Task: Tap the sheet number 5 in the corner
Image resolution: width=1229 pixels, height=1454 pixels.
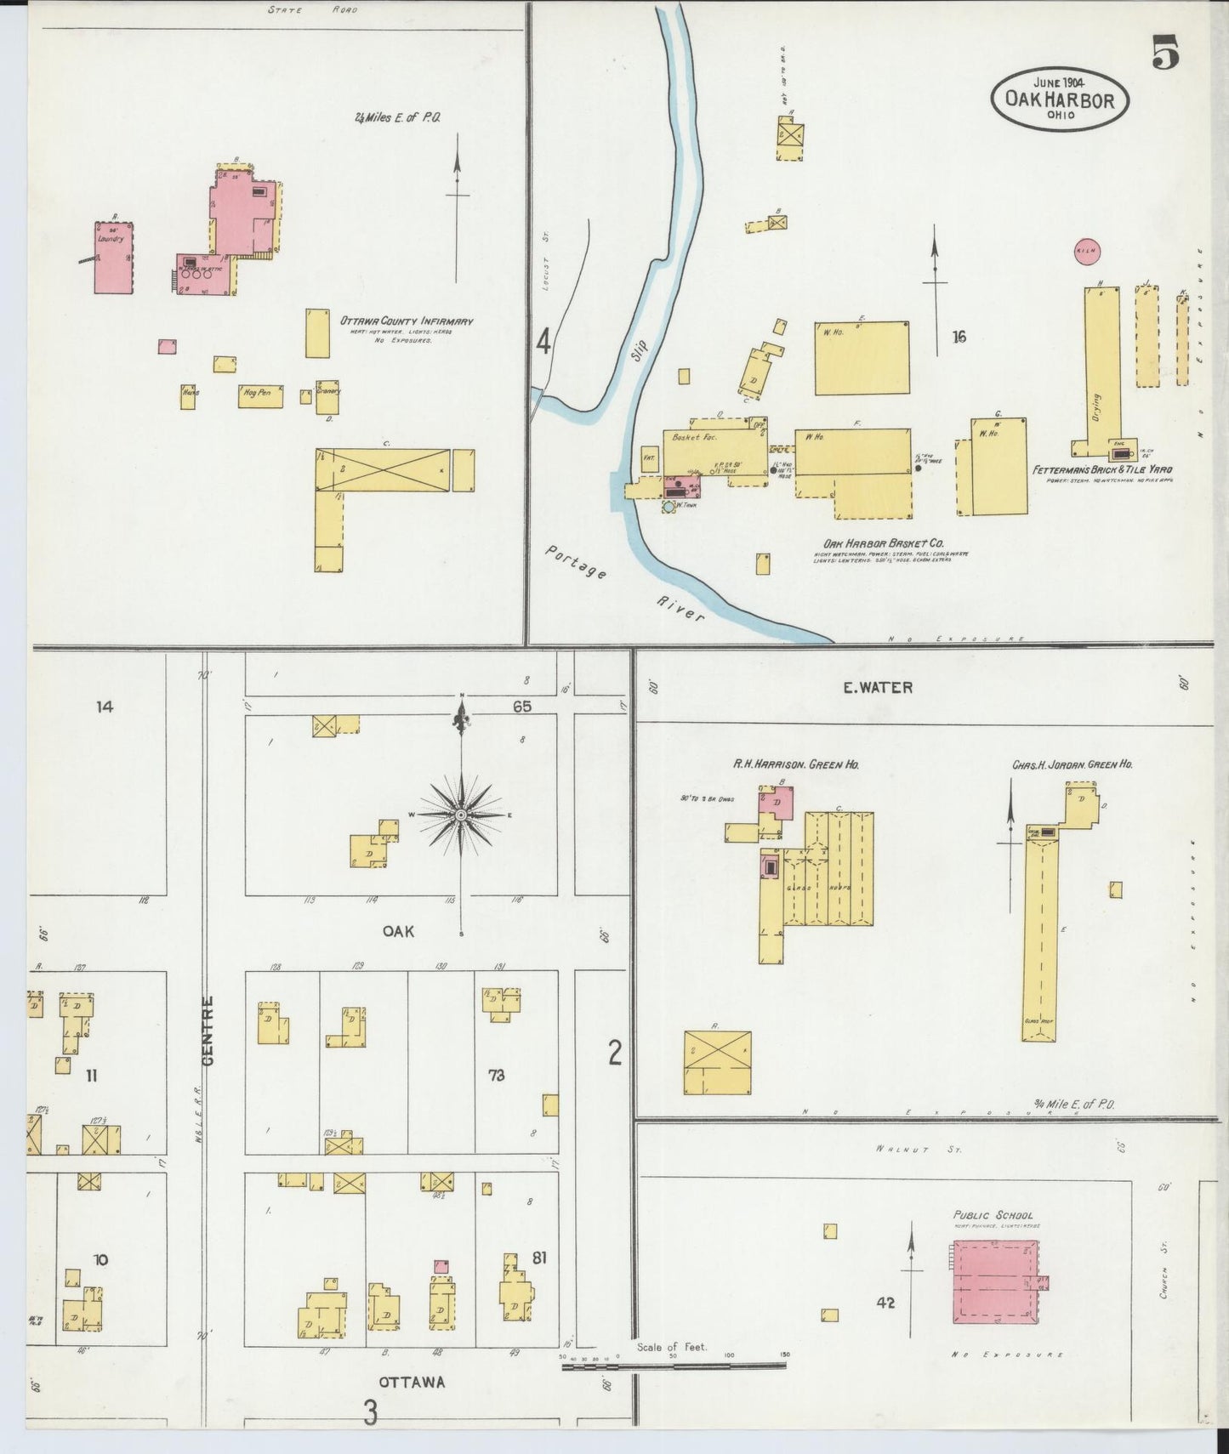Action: coord(1166,54)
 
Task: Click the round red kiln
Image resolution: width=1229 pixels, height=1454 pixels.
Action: coord(1087,251)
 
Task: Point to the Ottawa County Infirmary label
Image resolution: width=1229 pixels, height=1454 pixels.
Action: coord(407,321)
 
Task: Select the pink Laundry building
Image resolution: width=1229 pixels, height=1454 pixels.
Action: coord(114,258)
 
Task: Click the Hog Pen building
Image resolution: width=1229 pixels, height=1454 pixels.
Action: coord(259,396)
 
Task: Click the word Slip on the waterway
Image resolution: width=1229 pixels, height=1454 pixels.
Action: coord(640,351)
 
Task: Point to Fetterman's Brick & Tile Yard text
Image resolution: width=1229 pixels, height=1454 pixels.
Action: coord(1103,469)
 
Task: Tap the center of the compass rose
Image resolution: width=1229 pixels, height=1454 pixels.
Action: coord(461,815)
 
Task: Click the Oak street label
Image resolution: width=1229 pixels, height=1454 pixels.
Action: coord(398,931)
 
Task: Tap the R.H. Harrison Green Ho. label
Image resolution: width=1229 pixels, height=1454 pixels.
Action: coord(796,764)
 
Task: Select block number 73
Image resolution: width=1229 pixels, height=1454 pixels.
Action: coord(496,1076)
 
